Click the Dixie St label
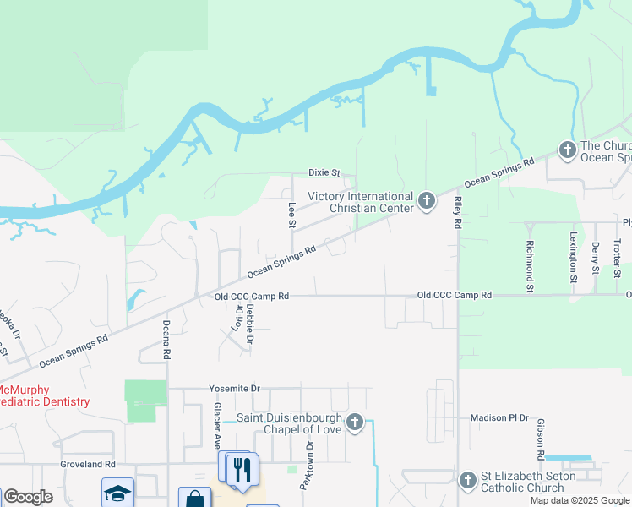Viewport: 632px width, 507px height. (x=323, y=172)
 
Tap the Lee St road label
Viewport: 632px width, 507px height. (x=292, y=215)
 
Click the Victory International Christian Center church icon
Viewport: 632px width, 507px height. (x=427, y=200)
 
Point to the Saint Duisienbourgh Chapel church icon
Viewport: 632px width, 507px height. (x=356, y=421)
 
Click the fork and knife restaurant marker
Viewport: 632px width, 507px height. (x=242, y=469)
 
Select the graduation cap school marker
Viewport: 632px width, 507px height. (x=117, y=493)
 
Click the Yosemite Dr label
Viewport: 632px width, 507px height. (x=236, y=389)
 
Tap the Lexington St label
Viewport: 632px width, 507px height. (x=573, y=257)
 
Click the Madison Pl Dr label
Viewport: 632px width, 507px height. (x=499, y=418)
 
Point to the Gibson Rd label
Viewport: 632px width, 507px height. (x=537, y=438)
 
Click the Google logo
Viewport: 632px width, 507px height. (x=27, y=497)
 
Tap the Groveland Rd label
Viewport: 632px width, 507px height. (x=87, y=465)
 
